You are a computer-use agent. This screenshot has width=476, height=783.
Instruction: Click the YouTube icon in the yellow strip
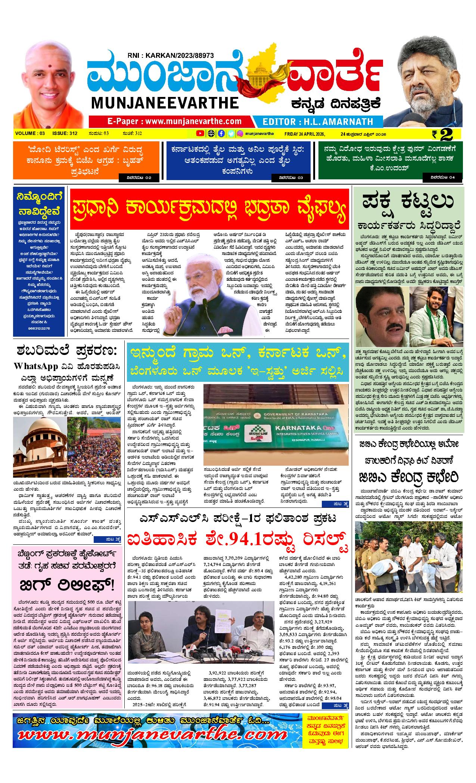coord(200,133)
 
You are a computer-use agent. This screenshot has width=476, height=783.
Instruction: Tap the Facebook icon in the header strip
coord(221,133)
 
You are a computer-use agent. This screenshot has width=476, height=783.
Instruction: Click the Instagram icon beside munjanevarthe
coord(240,133)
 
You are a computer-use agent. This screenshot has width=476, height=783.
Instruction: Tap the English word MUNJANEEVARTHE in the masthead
coord(164,103)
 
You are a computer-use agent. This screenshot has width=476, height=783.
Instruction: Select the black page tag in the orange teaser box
coord(136,178)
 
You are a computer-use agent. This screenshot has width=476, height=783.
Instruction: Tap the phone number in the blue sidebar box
coord(39,328)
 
